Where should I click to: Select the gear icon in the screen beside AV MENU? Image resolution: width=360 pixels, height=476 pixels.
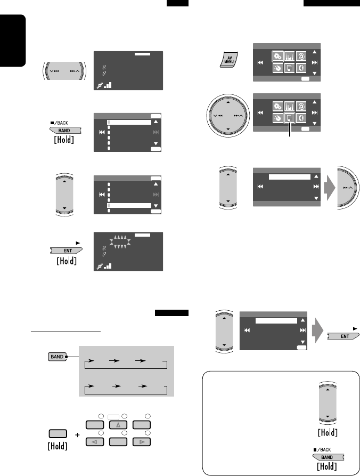coord(276,55)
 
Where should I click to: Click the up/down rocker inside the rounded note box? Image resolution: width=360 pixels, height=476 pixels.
coord(328,400)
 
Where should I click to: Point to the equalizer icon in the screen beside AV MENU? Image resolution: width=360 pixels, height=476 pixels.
coord(289,55)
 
